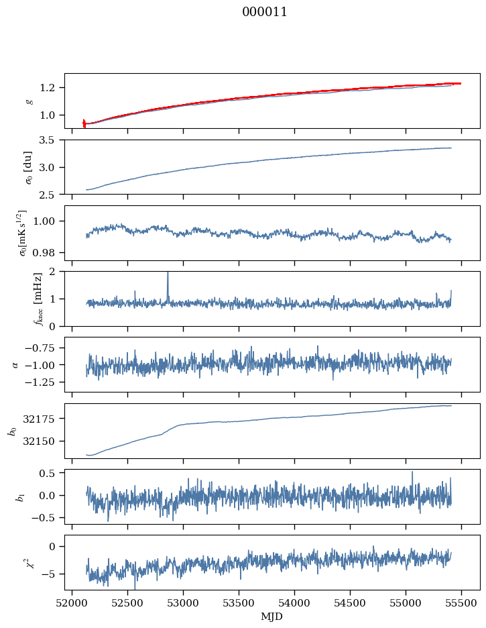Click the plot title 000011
point(265,12)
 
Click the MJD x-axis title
point(272,617)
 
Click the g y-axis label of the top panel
point(29,101)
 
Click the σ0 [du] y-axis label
point(29,166)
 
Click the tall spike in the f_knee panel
point(168,282)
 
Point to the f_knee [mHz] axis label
point(19,299)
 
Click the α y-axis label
point(15,364)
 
